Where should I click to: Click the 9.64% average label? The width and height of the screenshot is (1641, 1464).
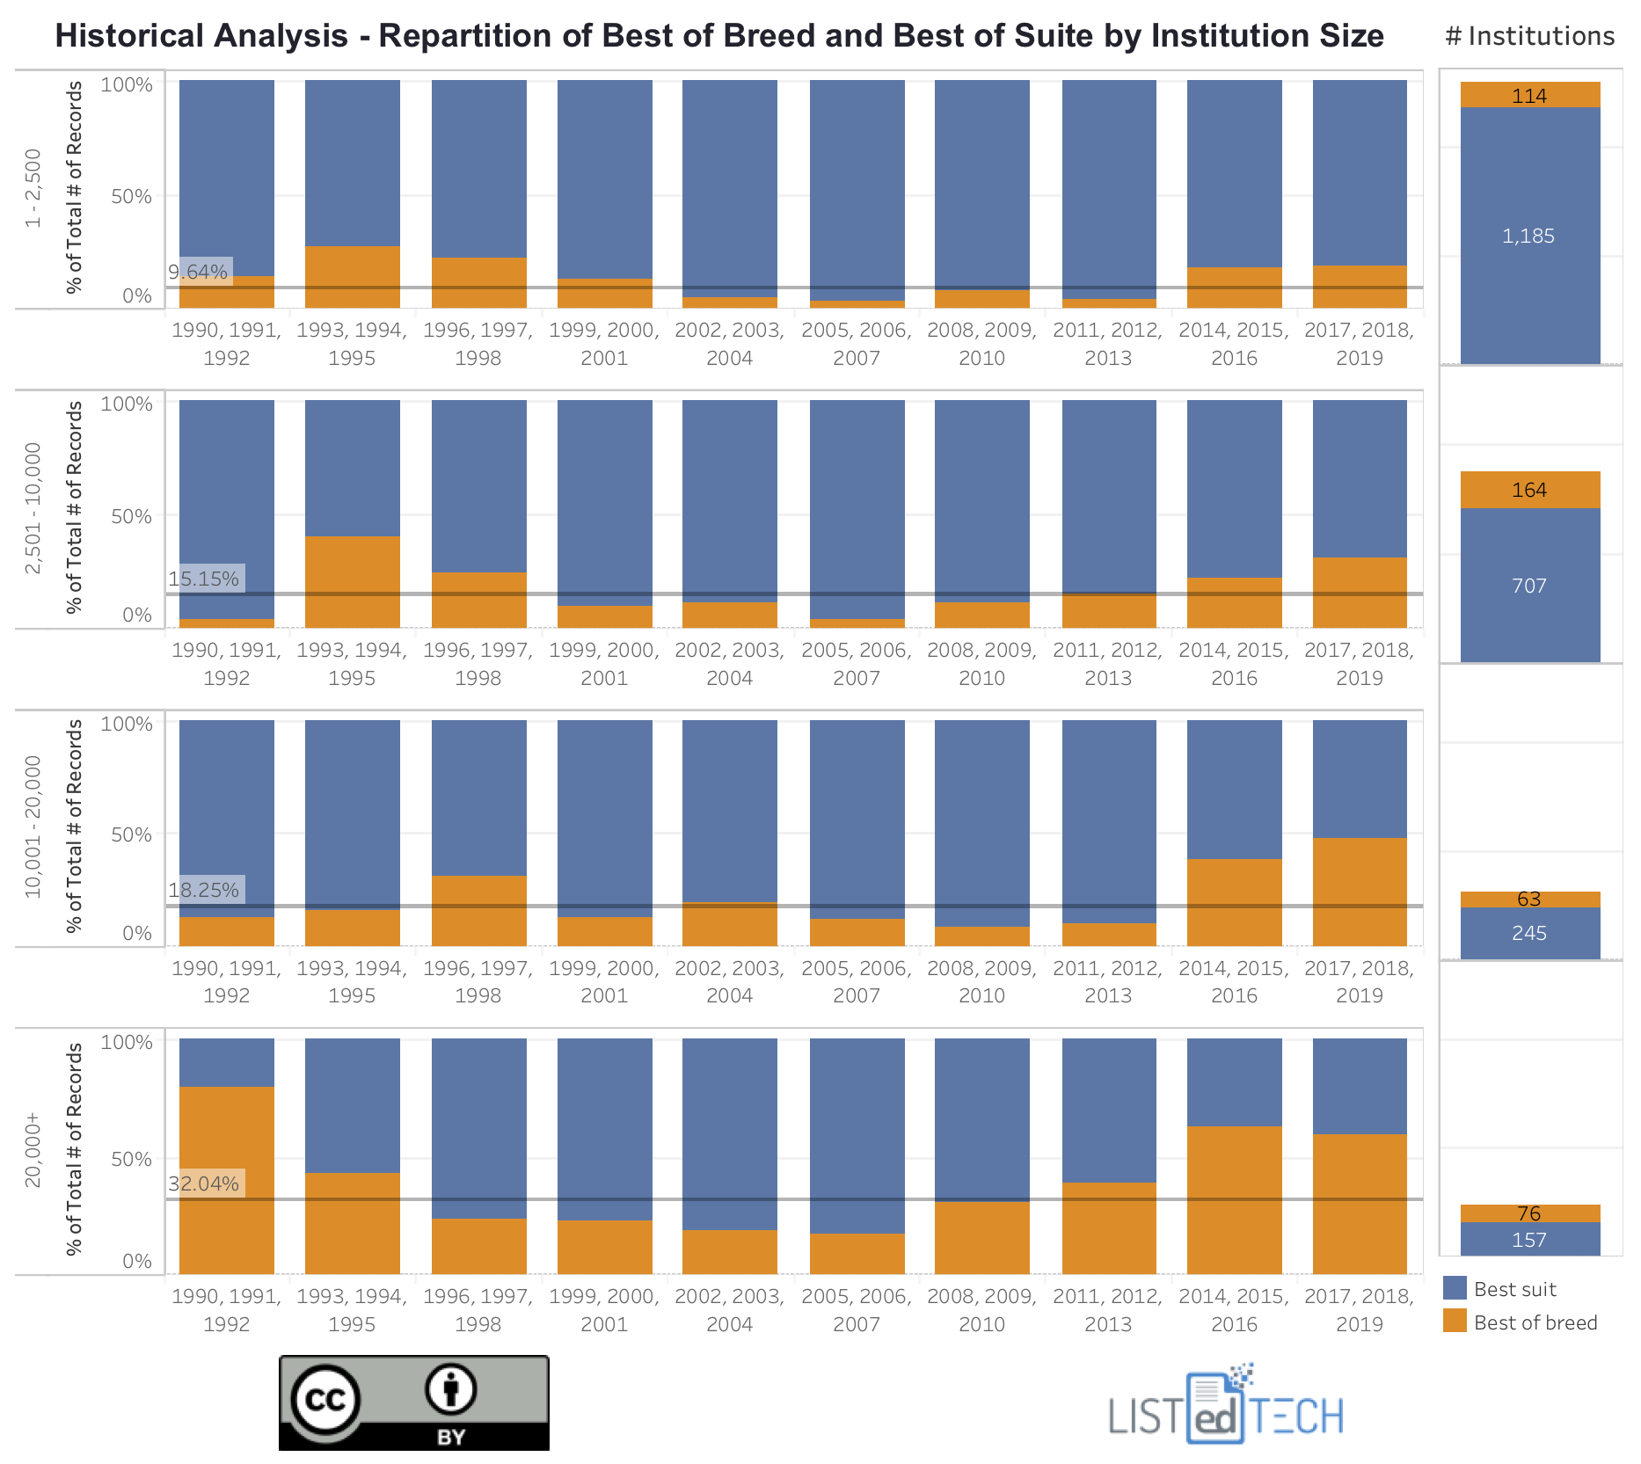click(x=199, y=272)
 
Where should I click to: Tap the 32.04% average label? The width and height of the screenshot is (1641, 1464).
click(x=204, y=1184)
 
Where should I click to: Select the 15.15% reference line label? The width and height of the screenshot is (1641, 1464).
click(x=204, y=579)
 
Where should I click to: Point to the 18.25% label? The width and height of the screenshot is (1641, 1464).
click(x=204, y=890)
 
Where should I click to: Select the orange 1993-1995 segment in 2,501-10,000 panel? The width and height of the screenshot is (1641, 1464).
click(x=353, y=581)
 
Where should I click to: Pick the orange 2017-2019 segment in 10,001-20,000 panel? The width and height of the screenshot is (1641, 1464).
click(x=1360, y=892)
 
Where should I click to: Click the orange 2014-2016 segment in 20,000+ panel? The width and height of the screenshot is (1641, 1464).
click(x=1234, y=1199)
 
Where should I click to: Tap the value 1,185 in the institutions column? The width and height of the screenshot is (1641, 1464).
click(x=1528, y=236)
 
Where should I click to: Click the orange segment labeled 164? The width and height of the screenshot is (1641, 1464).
click(x=1529, y=490)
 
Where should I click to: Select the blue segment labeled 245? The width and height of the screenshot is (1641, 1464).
click(x=1529, y=933)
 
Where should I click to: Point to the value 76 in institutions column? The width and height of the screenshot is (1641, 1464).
click(x=1529, y=1213)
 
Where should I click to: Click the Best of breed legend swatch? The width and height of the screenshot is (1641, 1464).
click(x=1455, y=1321)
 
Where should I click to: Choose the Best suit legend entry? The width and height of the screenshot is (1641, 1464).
click(x=1514, y=1289)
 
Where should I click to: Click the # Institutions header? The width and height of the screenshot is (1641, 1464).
click(x=1529, y=36)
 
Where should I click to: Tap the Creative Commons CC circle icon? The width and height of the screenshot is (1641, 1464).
click(x=326, y=1398)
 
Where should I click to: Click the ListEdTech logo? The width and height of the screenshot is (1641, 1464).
click(x=1226, y=1408)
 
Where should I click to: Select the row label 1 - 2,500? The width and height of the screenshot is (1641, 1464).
click(x=33, y=188)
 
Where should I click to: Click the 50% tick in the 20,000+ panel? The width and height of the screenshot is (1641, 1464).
click(x=131, y=1159)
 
